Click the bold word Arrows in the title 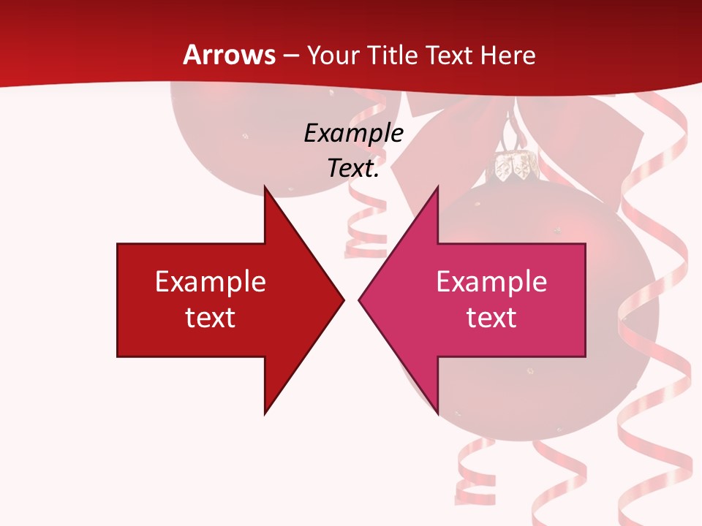pyautogui.click(x=229, y=55)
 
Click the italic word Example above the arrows pyautogui.click(x=353, y=133)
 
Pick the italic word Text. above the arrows pyautogui.click(x=353, y=168)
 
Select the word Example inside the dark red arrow pyautogui.click(x=211, y=281)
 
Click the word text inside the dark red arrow pyautogui.click(x=211, y=317)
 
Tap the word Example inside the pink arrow pyautogui.click(x=491, y=281)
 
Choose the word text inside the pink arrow pyautogui.click(x=491, y=317)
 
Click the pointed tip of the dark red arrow pyautogui.click(x=344, y=299)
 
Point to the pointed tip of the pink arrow pyautogui.click(x=359, y=299)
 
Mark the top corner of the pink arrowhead pyautogui.click(x=437, y=186)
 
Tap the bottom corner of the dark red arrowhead pyautogui.click(x=265, y=413)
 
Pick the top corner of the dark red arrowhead pyautogui.click(x=265, y=186)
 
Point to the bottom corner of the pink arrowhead pyautogui.click(x=437, y=413)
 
